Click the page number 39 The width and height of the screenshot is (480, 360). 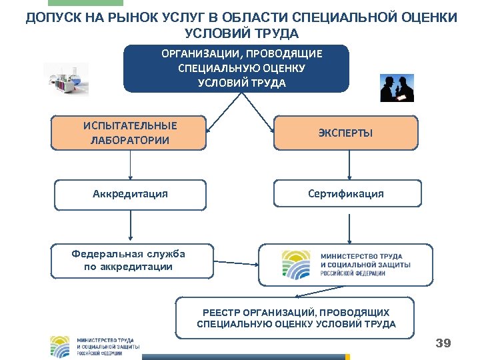pos(443,344)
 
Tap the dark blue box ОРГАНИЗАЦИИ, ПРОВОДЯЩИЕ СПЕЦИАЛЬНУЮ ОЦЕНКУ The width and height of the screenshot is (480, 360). pos(236,68)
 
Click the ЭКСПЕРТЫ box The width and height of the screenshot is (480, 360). pos(345,133)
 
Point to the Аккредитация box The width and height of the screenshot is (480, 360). pos(130,194)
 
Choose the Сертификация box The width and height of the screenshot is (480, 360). pos(345,194)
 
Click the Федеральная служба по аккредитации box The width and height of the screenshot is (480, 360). pos(131,261)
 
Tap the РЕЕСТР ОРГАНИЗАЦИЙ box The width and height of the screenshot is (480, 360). pos(295,318)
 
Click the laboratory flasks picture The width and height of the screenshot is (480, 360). pos(66,80)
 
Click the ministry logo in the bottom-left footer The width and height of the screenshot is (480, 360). pos(95,346)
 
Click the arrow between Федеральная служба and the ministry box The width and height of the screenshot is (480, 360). pos(236,261)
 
